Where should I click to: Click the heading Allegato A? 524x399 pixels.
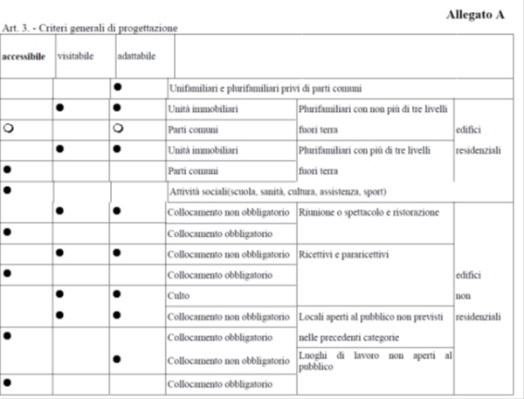point(474,14)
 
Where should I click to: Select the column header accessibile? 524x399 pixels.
point(24,56)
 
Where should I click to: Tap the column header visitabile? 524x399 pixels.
point(76,55)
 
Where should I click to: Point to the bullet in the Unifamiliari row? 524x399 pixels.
point(117,88)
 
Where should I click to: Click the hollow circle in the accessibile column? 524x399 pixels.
point(8,129)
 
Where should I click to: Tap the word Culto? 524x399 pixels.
point(177,294)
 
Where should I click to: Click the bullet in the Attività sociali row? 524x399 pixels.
point(8,189)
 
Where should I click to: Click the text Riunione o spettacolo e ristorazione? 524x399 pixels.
point(369,211)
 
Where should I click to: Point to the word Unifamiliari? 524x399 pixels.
point(196,88)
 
